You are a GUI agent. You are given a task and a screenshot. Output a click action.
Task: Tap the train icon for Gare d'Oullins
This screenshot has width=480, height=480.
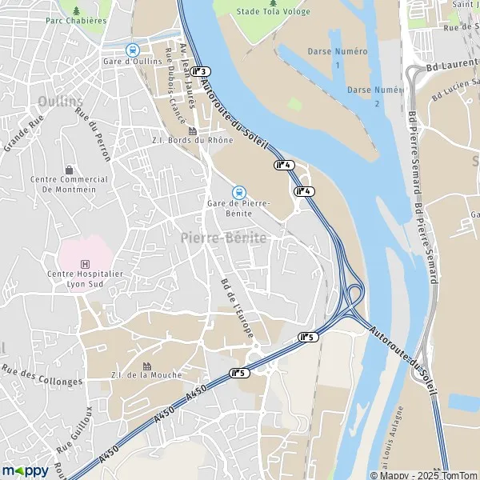(133, 50)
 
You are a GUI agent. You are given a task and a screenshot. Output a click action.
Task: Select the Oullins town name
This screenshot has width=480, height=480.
(60, 102)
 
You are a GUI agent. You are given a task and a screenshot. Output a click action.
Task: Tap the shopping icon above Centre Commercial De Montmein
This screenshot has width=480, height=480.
(69, 169)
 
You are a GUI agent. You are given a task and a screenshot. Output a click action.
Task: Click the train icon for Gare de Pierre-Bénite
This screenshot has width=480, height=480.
(238, 192)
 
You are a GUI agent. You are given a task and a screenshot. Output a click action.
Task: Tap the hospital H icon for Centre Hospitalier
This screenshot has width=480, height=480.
(85, 264)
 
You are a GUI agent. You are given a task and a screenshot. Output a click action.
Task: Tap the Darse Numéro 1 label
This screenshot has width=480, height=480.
(338, 57)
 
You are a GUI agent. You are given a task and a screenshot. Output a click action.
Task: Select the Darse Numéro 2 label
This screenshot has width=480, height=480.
(375, 95)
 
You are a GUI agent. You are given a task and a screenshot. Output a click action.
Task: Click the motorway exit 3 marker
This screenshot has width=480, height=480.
(200, 72)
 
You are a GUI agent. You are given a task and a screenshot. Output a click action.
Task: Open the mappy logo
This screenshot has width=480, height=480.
(26, 470)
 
